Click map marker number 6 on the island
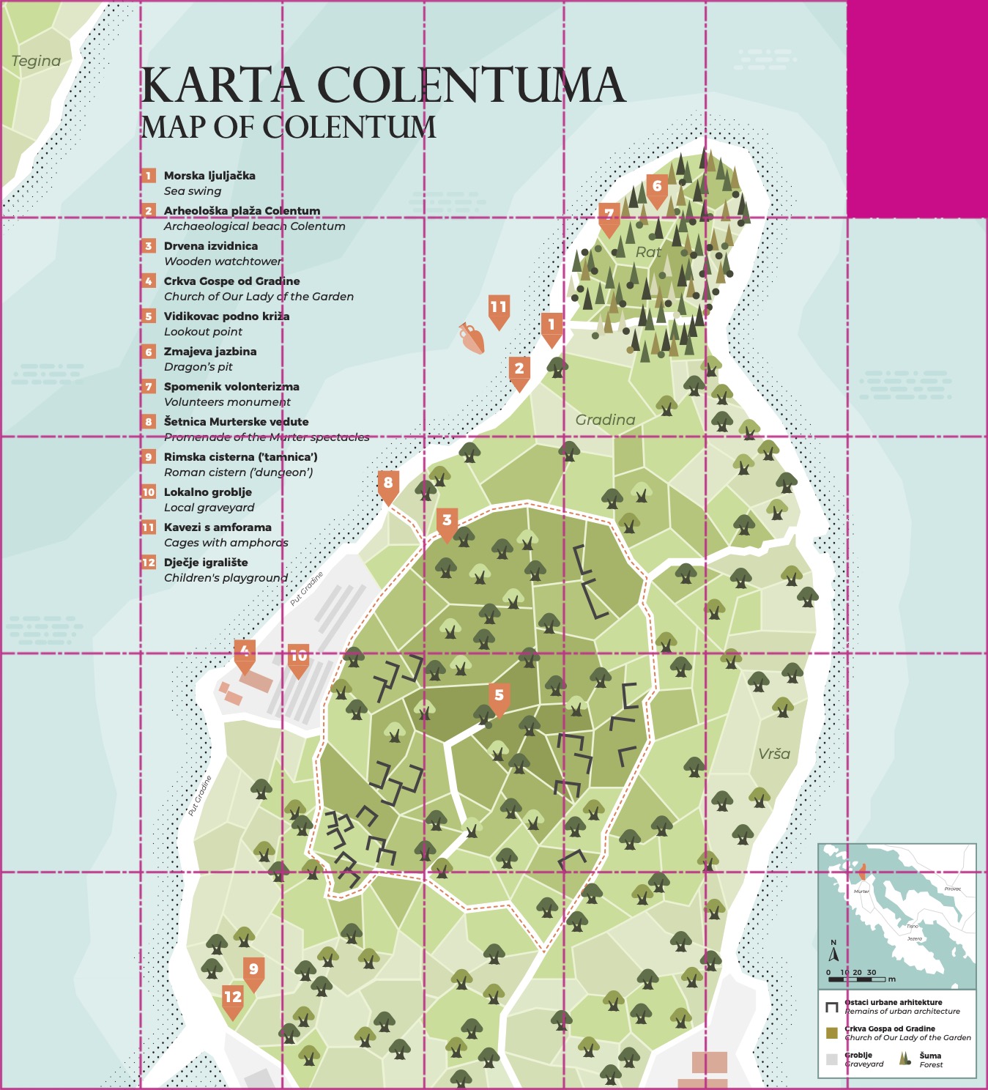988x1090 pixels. pos(657,188)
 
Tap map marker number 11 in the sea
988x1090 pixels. pos(499,308)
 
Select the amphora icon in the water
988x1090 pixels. pos(472,338)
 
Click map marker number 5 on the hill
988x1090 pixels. pos(499,697)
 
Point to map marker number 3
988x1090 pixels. pos(447,522)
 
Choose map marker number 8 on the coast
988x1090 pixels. pos(388,483)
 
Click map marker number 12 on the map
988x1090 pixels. pos(232,998)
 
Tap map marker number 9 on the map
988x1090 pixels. pos(253,971)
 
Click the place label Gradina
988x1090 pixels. pos(605,420)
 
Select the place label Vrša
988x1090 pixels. pos(774,754)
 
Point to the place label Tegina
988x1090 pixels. pos(36,61)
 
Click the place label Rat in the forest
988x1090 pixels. pos(648,252)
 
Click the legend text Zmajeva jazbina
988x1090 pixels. pos(210,352)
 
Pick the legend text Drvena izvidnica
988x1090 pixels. pos(211,246)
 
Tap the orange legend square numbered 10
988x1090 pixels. pos(149,492)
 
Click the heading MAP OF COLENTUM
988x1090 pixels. pos(288,127)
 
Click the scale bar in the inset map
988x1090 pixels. pos(857,979)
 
